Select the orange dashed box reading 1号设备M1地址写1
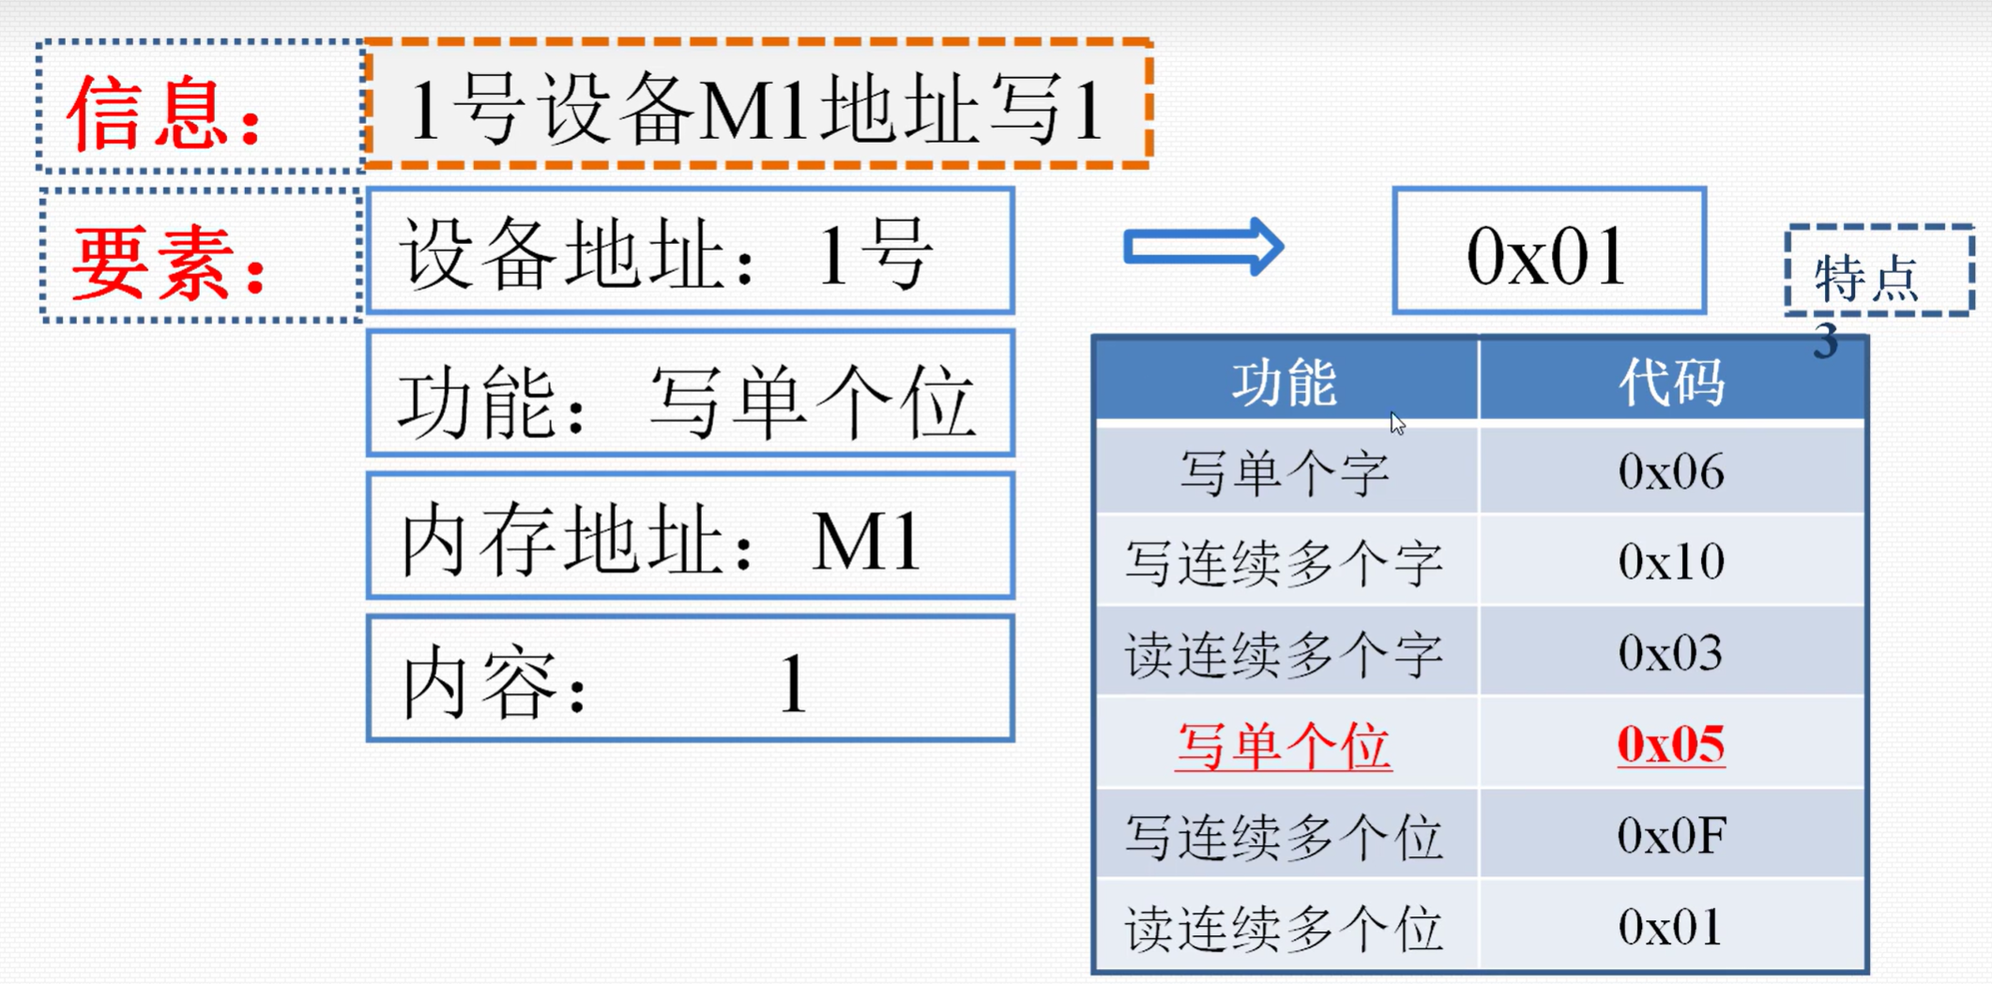758,105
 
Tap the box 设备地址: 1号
691,250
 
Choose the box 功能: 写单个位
691,393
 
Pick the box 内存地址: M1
691,536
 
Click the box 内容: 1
691,678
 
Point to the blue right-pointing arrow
1204,248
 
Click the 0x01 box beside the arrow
1549,250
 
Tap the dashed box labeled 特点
1879,271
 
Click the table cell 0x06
1672,471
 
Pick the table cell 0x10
1672,562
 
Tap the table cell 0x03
1672,653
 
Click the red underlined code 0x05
1671,745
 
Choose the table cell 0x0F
1672,835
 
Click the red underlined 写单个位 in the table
1284,747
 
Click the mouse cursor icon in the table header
1397,423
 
